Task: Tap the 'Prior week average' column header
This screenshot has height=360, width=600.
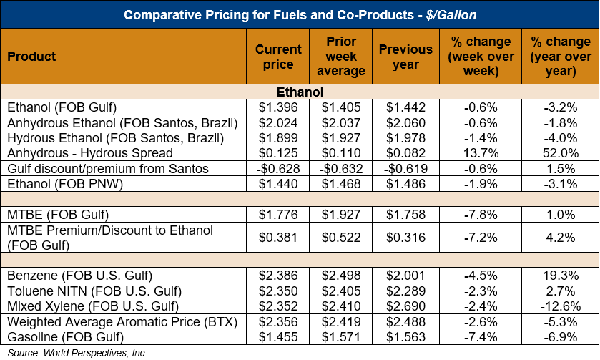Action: coord(340,57)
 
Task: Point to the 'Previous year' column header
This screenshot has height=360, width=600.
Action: coord(405,57)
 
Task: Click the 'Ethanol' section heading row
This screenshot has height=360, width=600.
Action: coord(300,92)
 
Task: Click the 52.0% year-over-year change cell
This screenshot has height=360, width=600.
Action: coord(561,152)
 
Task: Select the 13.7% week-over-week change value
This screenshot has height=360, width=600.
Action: coord(478,152)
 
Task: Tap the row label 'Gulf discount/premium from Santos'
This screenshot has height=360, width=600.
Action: coord(107,168)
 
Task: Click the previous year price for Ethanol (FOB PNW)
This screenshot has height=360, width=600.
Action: coord(405,183)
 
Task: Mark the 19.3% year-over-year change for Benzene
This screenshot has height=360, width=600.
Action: coord(561,276)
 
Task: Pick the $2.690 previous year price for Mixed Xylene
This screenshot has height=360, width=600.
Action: coord(405,306)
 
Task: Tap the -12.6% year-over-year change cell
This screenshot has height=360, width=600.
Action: coord(561,306)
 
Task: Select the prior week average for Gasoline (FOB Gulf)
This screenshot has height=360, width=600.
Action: coord(340,336)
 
